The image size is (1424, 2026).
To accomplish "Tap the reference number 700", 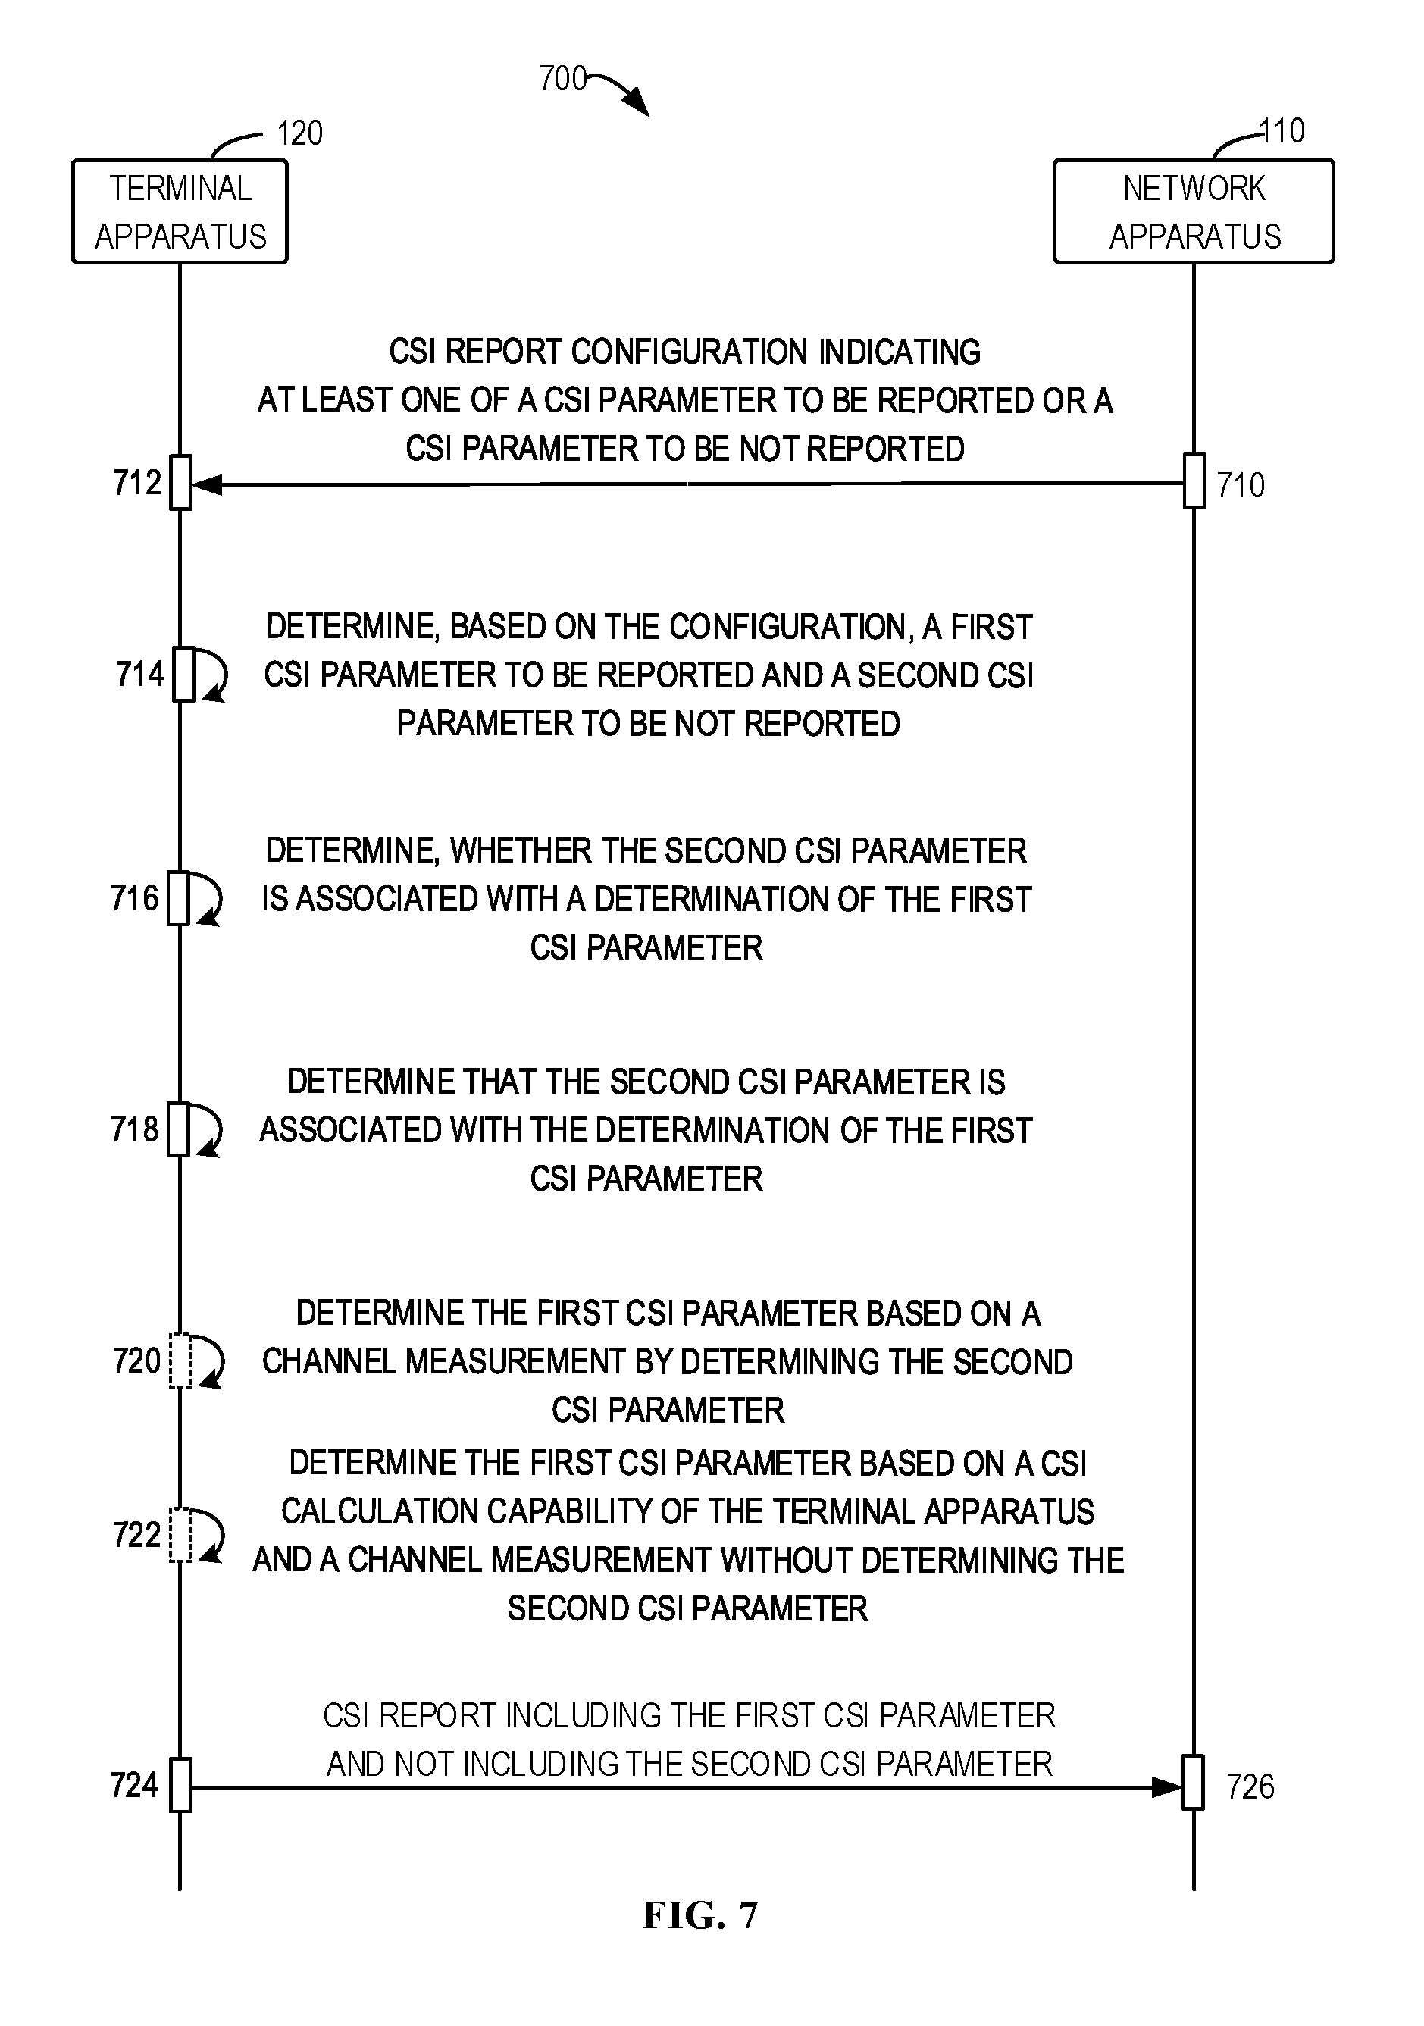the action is (x=563, y=80).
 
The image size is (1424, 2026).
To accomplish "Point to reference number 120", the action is (x=300, y=133).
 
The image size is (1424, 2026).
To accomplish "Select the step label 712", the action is (x=138, y=483).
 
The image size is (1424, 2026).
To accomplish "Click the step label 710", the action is (x=1241, y=485).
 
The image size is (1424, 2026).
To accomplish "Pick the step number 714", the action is (x=140, y=674).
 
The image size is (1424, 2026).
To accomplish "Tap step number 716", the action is (x=135, y=898).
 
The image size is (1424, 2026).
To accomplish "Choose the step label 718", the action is (x=135, y=1129).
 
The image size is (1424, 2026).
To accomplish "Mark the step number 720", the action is (x=136, y=1361).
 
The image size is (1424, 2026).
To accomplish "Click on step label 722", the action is (x=136, y=1535).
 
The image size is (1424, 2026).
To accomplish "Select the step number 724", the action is (x=134, y=1785).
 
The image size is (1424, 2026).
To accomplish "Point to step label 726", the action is (x=1250, y=1787).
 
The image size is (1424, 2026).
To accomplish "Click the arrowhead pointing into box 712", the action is (x=205, y=484).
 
